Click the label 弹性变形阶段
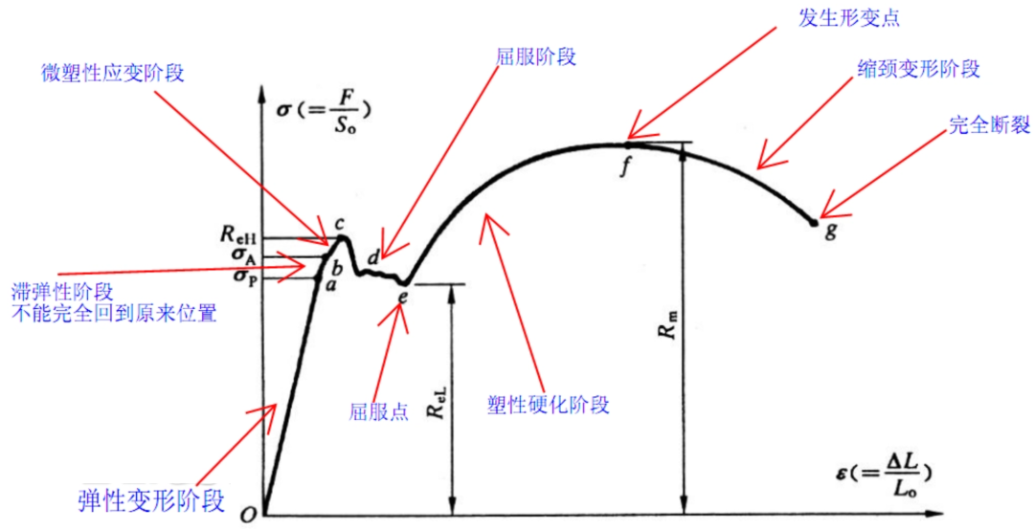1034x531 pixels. point(146,501)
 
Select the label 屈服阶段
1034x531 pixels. point(535,57)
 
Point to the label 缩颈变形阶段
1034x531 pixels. point(918,69)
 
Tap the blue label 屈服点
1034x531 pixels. point(378,411)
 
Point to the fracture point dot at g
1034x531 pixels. point(815,223)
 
